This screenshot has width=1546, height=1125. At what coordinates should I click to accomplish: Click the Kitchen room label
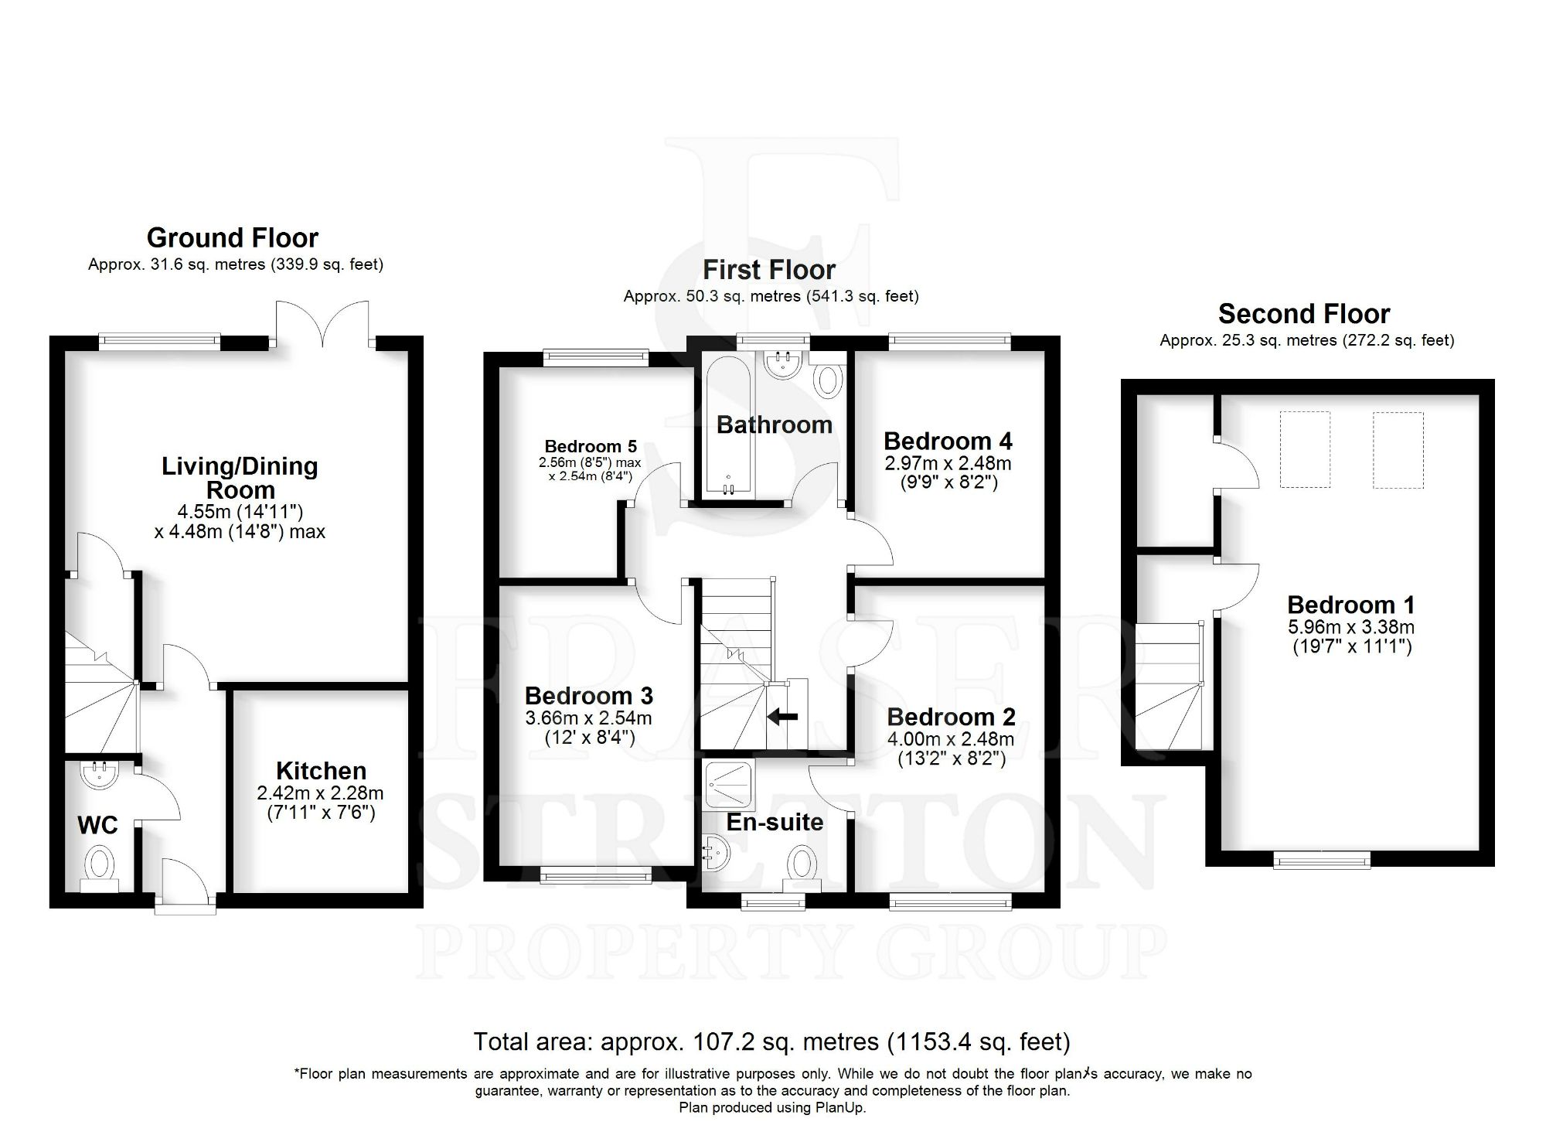pyautogui.click(x=321, y=771)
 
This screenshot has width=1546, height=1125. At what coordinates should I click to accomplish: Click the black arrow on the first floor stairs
pyautogui.click(x=782, y=717)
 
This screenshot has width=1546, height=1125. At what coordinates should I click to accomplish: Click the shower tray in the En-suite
pyautogui.click(x=729, y=784)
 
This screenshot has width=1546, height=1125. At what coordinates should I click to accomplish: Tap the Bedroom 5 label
pyautogui.click(x=591, y=446)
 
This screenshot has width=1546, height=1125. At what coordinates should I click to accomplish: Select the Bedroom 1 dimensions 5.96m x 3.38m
pyautogui.click(x=1351, y=627)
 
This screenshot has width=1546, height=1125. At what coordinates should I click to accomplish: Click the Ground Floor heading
pyautogui.click(x=233, y=237)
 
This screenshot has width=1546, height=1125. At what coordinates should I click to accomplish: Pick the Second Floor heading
pyautogui.click(x=1304, y=314)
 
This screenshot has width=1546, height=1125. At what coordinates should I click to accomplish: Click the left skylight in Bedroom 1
pyautogui.click(x=1305, y=449)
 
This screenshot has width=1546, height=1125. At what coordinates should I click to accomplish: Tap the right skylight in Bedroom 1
pyautogui.click(x=1398, y=449)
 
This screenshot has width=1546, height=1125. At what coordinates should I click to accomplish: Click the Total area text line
pyautogui.click(x=771, y=1041)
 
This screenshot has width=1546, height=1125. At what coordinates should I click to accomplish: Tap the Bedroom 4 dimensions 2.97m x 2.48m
pyautogui.click(x=948, y=463)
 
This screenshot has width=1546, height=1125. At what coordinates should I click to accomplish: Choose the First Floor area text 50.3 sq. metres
pyautogui.click(x=771, y=296)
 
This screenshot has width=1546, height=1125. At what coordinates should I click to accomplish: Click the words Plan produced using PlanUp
pyautogui.click(x=772, y=1107)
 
